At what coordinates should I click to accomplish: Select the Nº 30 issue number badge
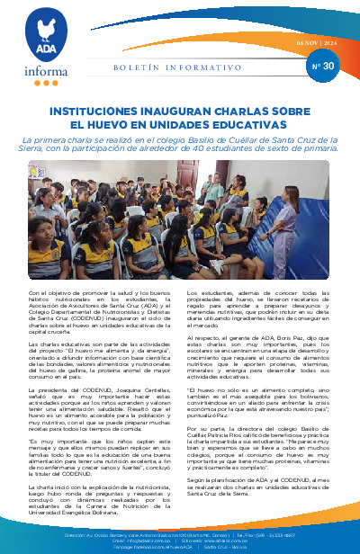pos(321,66)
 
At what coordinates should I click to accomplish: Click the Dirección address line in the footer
pos(180,534)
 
